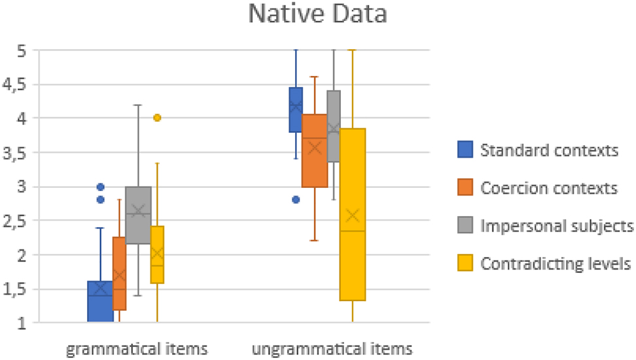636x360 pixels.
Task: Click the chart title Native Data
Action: [317, 14]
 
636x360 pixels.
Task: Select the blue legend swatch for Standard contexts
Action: [465, 151]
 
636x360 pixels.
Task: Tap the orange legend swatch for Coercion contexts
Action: [465, 189]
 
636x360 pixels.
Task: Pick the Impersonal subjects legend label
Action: [557, 226]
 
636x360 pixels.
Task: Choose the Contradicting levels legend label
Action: [556, 264]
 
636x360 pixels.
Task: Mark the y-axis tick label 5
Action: [23, 50]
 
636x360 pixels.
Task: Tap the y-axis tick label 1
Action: [23, 323]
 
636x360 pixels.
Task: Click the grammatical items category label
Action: [137, 348]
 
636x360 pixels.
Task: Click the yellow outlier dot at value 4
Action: [158, 118]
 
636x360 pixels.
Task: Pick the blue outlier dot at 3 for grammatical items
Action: [100, 187]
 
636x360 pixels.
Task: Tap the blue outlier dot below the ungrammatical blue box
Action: [296, 200]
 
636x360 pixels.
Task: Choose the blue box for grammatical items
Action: [100, 302]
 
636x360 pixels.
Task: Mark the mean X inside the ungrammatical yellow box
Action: [353, 215]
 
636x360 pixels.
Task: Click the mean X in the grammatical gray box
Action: [138, 211]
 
